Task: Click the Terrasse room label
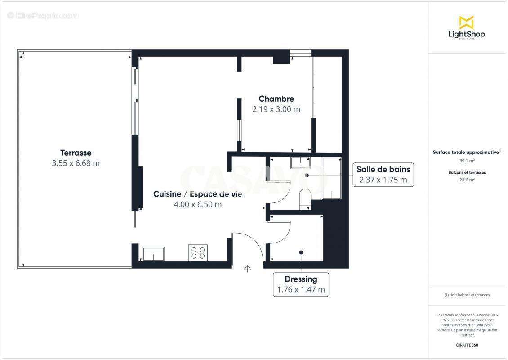tap(76, 153)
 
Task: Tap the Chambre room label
tap(276, 99)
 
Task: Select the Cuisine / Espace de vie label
tap(198, 194)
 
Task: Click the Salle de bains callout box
tap(383, 175)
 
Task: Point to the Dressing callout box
tap(301, 284)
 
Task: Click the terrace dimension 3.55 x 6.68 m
tap(76, 163)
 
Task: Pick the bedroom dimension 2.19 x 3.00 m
tap(276, 109)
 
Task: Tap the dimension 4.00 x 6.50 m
tap(198, 204)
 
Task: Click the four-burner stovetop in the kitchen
tap(198, 253)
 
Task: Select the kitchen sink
tap(153, 254)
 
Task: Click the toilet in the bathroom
tap(305, 199)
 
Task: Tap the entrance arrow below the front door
tap(247, 269)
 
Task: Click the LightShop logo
tap(466, 27)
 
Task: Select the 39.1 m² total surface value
tap(466, 160)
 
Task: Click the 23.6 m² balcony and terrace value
tap(466, 180)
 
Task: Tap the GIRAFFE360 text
tap(466, 345)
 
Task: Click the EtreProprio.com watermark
tap(43, 16)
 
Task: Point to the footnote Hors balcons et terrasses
tap(467, 295)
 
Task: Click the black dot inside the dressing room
tap(301, 252)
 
